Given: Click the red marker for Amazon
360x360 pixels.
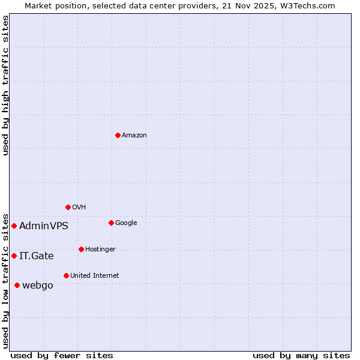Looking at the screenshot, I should pyautogui.click(x=118, y=135).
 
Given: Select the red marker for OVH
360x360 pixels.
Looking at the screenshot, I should pyautogui.click(x=68, y=207).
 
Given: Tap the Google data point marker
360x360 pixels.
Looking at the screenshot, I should pyautogui.click(x=111, y=223).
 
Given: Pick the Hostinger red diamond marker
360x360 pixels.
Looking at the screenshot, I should pyautogui.click(x=81, y=249).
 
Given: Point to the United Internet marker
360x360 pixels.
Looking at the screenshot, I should pyautogui.click(x=66, y=275).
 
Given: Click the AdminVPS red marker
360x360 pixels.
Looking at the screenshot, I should pyautogui.click(x=14, y=226).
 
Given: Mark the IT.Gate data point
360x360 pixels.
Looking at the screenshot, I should pyautogui.click(x=14, y=256).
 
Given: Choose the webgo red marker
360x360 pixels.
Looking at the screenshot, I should pyautogui.click(x=17, y=285).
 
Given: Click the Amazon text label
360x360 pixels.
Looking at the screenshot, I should pyautogui.click(x=134, y=136).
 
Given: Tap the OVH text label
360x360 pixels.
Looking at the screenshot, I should pyautogui.click(x=79, y=208).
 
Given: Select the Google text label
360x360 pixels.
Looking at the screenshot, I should pyautogui.click(x=126, y=223).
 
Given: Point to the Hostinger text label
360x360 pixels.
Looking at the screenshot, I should pyautogui.click(x=100, y=250).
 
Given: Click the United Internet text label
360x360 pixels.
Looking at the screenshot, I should pyautogui.click(x=95, y=276).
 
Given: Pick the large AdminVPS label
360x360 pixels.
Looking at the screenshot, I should pyautogui.click(x=44, y=226).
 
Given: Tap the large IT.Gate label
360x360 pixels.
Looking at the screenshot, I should pyautogui.click(x=37, y=256).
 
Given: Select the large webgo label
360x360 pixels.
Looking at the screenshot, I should pyautogui.click(x=38, y=286).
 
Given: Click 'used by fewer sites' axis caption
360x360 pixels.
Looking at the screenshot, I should pyautogui.click(x=62, y=355).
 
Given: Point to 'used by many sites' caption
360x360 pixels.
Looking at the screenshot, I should pyautogui.click(x=301, y=355).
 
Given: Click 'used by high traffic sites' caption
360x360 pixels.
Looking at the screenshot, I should pyautogui.click(x=6, y=85).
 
